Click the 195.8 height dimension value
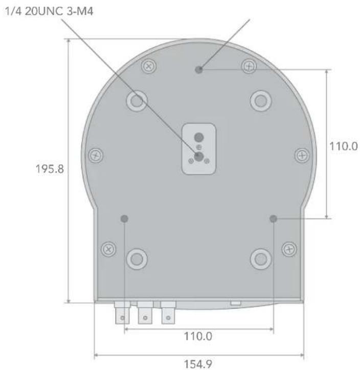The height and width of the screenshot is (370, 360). point(50,169)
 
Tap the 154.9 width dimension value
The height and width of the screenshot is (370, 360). point(198,364)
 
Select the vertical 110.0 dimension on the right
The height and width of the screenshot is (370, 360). point(344,146)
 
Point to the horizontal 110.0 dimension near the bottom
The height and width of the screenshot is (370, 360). point(198,336)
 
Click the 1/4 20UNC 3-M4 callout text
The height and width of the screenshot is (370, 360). point(49,11)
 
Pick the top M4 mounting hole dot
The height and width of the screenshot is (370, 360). point(199,70)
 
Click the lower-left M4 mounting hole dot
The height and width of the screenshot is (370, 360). point(124,219)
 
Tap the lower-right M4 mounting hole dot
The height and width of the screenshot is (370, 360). point(273,219)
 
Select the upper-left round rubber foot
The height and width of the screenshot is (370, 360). point(137,101)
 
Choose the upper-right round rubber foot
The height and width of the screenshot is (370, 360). point(261,101)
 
